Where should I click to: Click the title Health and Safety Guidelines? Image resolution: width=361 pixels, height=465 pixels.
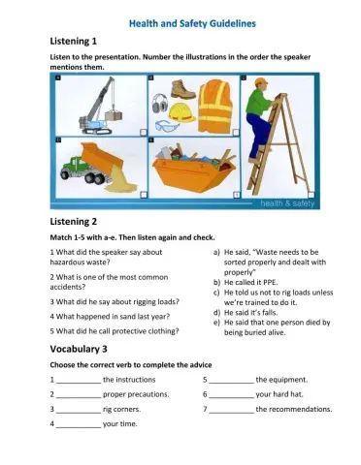click(x=180, y=21)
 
